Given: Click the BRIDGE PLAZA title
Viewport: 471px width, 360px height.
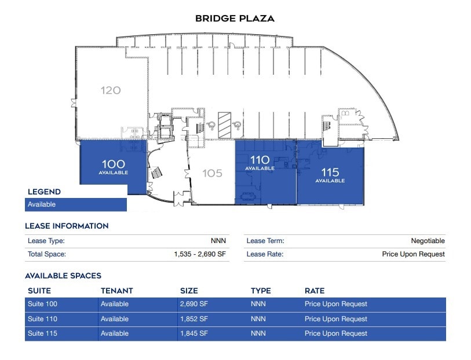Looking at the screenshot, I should click(x=235, y=19).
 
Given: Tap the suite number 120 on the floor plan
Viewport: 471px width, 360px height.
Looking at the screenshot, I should click(x=111, y=90).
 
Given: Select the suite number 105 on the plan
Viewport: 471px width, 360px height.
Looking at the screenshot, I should click(x=212, y=173).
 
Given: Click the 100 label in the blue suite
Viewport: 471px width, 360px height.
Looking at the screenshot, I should click(x=113, y=164).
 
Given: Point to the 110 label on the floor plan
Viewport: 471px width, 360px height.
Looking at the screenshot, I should click(x=260, y=160).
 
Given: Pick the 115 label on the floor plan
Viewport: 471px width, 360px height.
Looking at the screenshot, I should click(x=330, y=172).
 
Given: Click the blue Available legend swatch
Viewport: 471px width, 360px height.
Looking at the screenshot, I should click(x=76, y=204).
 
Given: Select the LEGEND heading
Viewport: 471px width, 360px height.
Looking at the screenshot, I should click(x=44, y=192).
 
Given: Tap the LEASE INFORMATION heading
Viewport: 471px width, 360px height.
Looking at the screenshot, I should click(x=67, y=226).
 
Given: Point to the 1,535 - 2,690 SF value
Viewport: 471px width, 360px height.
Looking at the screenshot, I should click(x=200, y=254).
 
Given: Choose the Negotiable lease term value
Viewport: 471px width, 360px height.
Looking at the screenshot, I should click(x=428, y=241).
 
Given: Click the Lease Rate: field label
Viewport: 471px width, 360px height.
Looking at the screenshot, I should click(x=265, y=254).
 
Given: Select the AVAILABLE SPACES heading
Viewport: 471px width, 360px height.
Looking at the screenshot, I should click(x=63, y=275).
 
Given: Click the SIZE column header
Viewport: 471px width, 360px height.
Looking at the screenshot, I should click(x=189, y=291).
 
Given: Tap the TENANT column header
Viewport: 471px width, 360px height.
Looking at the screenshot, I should click(x=117, y=291).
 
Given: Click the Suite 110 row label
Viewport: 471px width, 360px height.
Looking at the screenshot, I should click(x=42, y=319).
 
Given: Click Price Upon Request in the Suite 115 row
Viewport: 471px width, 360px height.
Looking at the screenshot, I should click(x=336, y=333).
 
